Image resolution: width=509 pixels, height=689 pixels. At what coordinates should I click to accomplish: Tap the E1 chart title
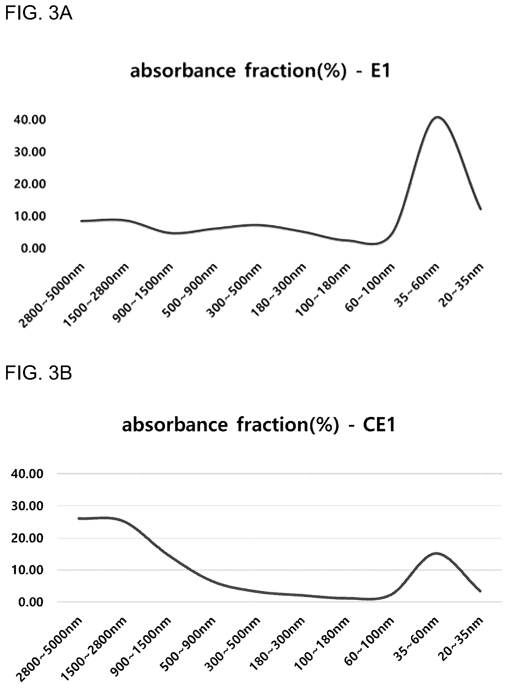pos(260,71)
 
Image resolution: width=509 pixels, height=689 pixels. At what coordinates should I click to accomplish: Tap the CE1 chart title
pos(259,425)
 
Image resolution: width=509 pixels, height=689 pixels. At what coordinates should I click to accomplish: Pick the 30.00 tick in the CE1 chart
pos(27,506)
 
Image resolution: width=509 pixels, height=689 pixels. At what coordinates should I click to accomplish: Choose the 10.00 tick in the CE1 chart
pos(27,570)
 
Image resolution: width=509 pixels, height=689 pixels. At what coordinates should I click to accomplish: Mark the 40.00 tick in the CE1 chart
pos(27,474)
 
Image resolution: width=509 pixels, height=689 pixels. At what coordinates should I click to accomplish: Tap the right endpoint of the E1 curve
pos(481,209)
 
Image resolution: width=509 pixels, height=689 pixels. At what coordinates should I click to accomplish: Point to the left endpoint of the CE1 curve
pos(79,518)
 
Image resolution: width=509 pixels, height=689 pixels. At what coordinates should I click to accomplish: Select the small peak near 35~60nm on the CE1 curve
pos(437,553)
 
